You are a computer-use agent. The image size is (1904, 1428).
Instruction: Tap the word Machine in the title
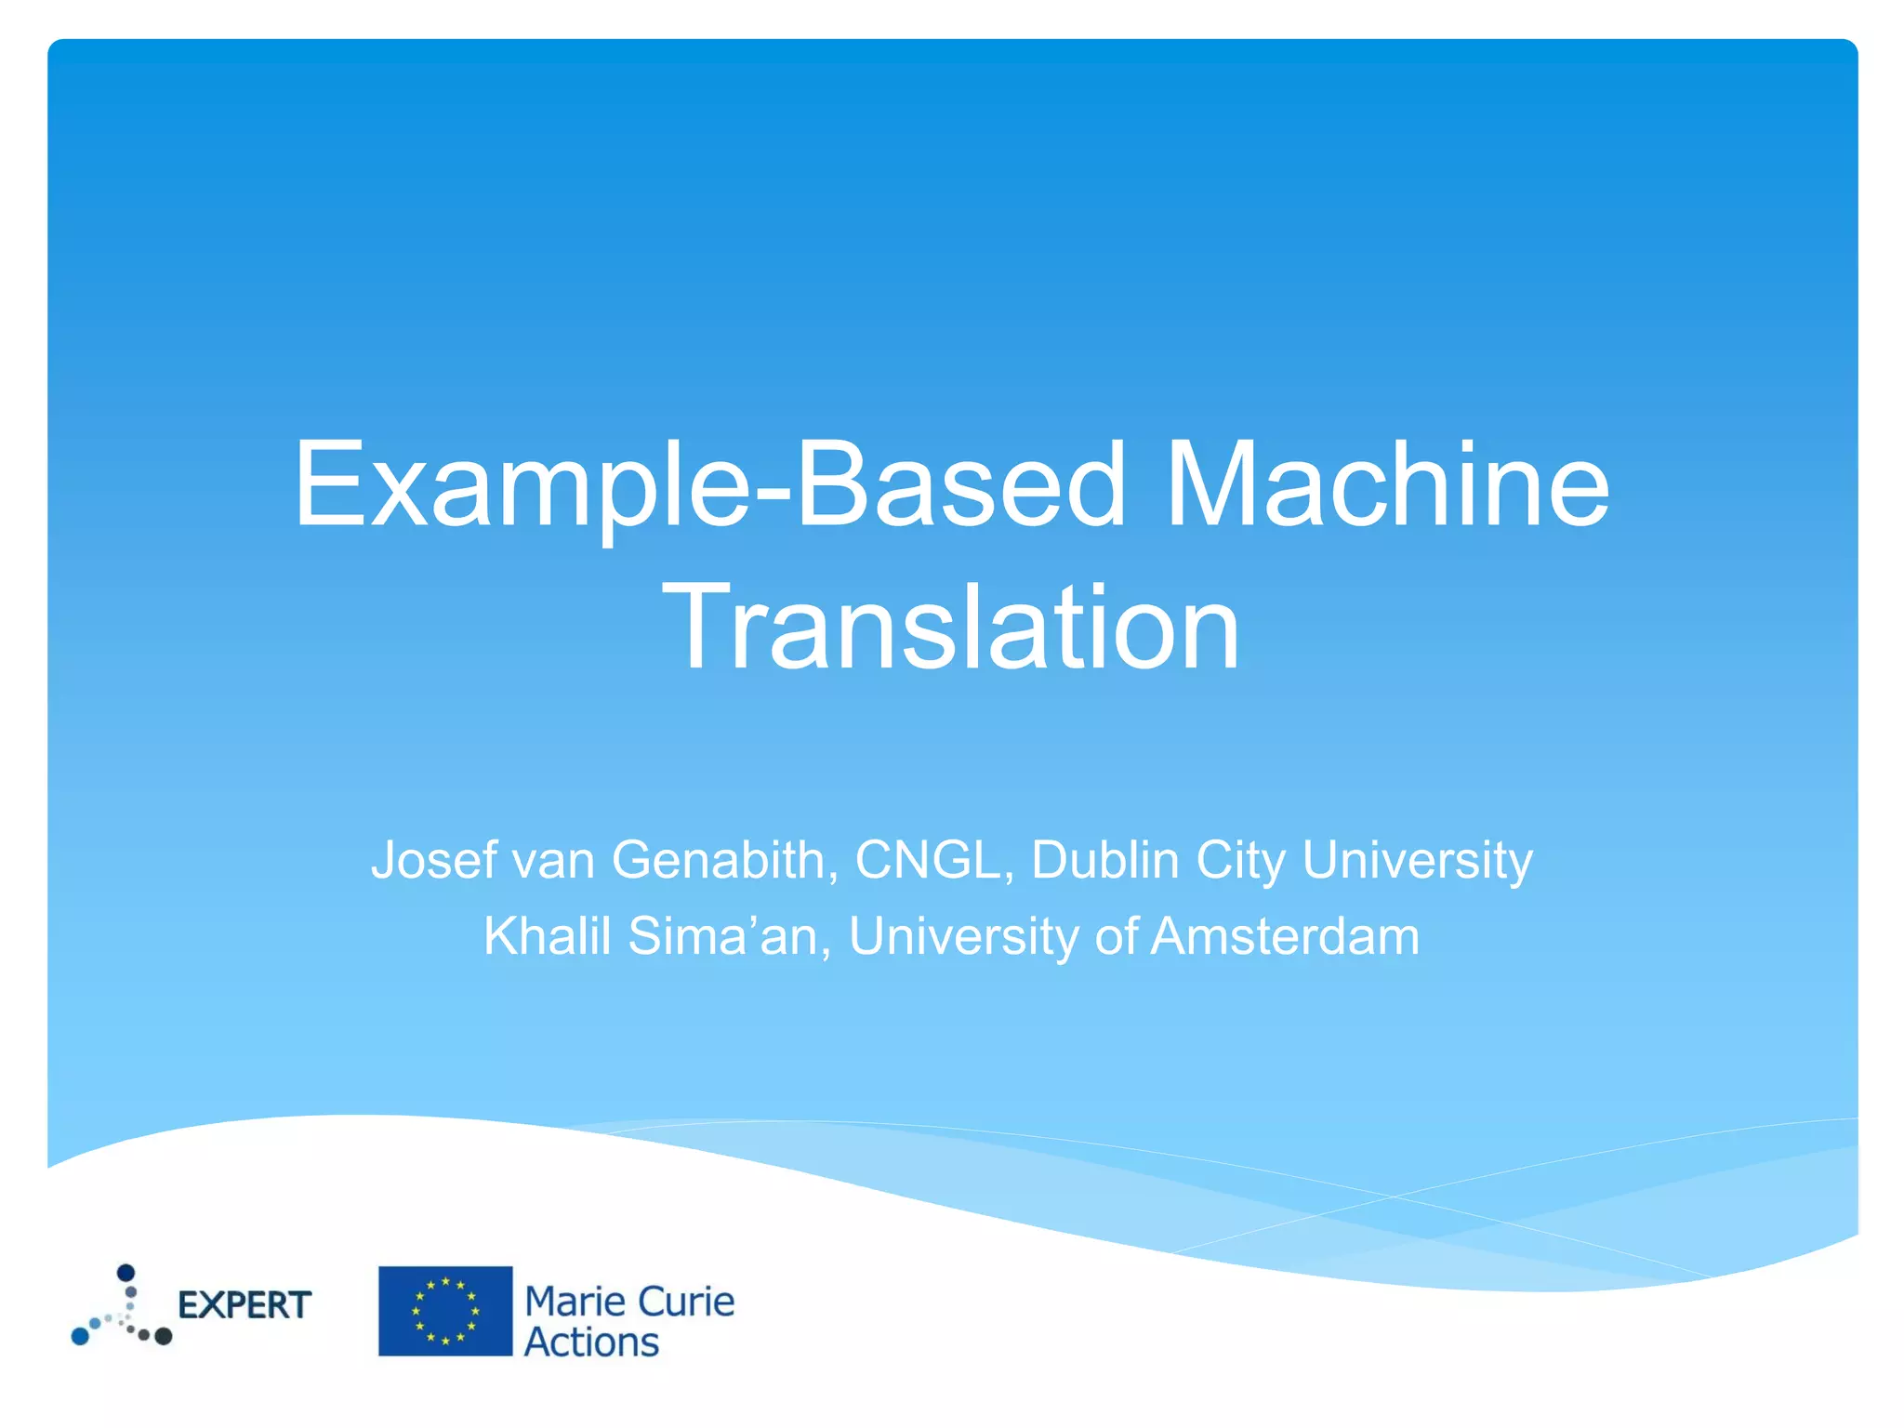(x=1387, y=485)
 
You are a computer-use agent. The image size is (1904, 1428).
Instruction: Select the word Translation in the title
(x=951, y=625)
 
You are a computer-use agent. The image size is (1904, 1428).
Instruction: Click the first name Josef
(x=433, y=860)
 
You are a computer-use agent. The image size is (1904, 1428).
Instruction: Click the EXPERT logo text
(x=245, y=1305)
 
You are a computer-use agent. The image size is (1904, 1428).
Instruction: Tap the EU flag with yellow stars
(x=445, y=1311)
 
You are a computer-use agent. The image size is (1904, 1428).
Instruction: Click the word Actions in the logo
(x=591, y=1342)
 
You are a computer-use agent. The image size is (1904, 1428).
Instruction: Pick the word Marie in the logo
(x=566, y=1302)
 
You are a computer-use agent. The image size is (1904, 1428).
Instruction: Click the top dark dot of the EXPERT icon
(x=126, y=1272)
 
